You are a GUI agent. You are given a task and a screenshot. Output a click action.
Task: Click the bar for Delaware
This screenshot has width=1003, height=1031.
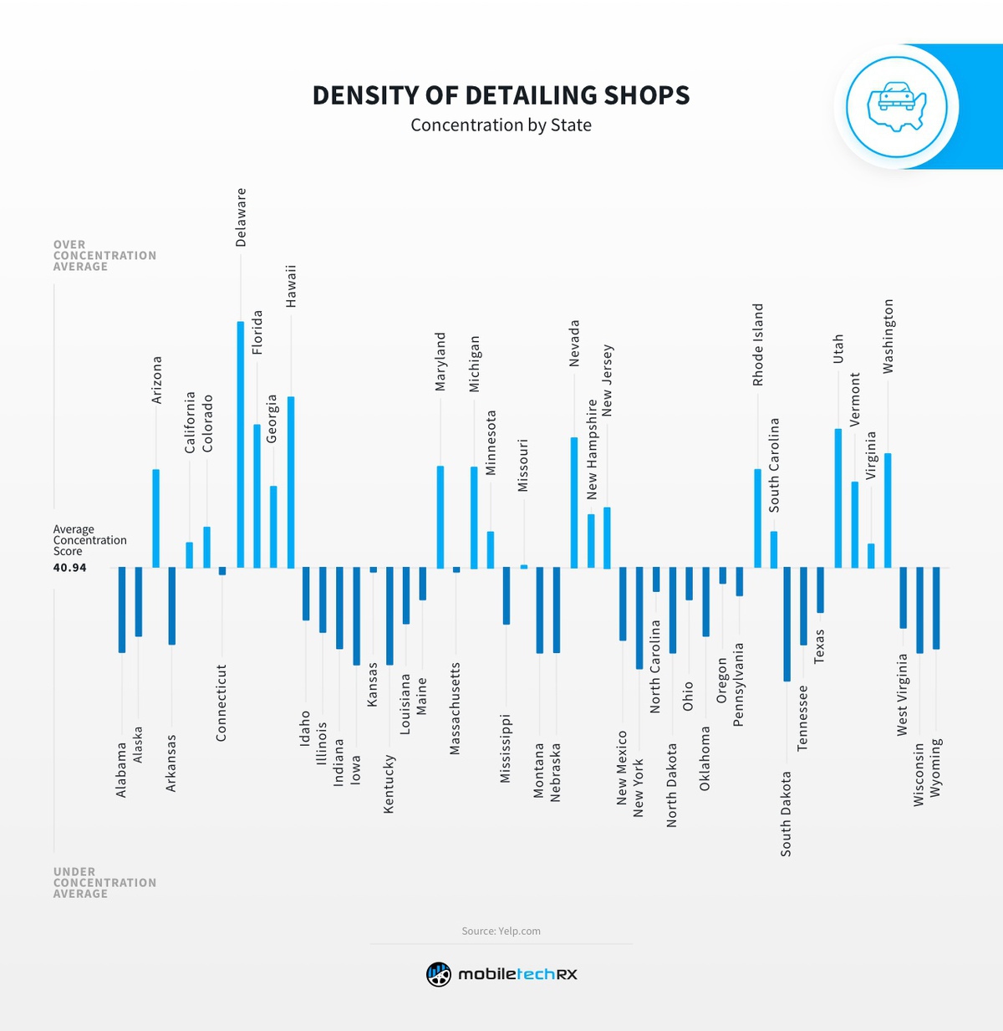(241, 444)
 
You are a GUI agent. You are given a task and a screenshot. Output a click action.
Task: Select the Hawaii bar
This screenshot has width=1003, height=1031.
(291, 482)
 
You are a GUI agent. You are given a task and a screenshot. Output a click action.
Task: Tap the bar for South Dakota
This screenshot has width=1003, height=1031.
(787, 624)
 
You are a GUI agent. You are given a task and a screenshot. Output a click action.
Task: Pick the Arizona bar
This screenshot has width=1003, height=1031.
(155, 518)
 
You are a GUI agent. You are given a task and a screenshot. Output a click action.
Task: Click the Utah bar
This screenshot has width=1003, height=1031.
(838, 498)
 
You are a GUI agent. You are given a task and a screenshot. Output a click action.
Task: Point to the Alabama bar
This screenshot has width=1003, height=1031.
(122, 610)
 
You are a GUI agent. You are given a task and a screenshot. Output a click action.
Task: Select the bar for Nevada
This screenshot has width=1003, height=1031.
(574, 503)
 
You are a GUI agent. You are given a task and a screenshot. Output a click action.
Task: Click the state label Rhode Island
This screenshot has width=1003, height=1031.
(758, 345)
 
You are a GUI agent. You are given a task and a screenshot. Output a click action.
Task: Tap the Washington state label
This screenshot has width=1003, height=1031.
(888, 336)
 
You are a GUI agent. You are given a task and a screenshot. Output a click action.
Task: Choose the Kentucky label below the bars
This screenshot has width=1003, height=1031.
(389, 783)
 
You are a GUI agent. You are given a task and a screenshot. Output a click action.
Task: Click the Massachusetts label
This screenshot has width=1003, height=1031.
(456, 709)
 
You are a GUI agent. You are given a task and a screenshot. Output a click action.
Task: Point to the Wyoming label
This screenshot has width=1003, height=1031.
(936, 767)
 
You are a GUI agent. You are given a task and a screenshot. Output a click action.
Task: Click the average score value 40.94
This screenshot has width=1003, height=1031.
(69, 568)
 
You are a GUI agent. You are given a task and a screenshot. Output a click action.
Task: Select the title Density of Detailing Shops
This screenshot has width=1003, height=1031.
(501, 95)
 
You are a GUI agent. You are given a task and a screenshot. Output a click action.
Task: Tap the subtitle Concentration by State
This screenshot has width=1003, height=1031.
(501, 125)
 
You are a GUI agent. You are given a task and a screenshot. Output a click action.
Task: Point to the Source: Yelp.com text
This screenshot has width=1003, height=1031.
(501, 931)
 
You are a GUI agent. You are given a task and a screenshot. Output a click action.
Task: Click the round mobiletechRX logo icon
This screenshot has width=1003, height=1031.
(439, 974)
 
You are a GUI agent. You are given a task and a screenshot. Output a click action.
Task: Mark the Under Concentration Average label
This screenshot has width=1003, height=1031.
(104, 883)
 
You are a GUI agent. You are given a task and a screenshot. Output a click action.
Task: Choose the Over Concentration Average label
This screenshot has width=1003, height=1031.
(104, 256)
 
